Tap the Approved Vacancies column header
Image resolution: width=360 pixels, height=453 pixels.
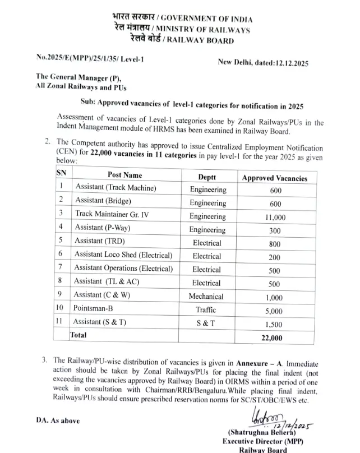point(274,178)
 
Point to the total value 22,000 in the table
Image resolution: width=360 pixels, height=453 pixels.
point(272,338)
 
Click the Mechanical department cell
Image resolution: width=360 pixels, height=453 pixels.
point(206,297)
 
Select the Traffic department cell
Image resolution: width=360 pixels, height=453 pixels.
point(206,309)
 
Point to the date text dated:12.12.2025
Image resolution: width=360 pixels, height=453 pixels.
point(270,63)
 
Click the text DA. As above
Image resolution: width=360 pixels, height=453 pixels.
point(58,420)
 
